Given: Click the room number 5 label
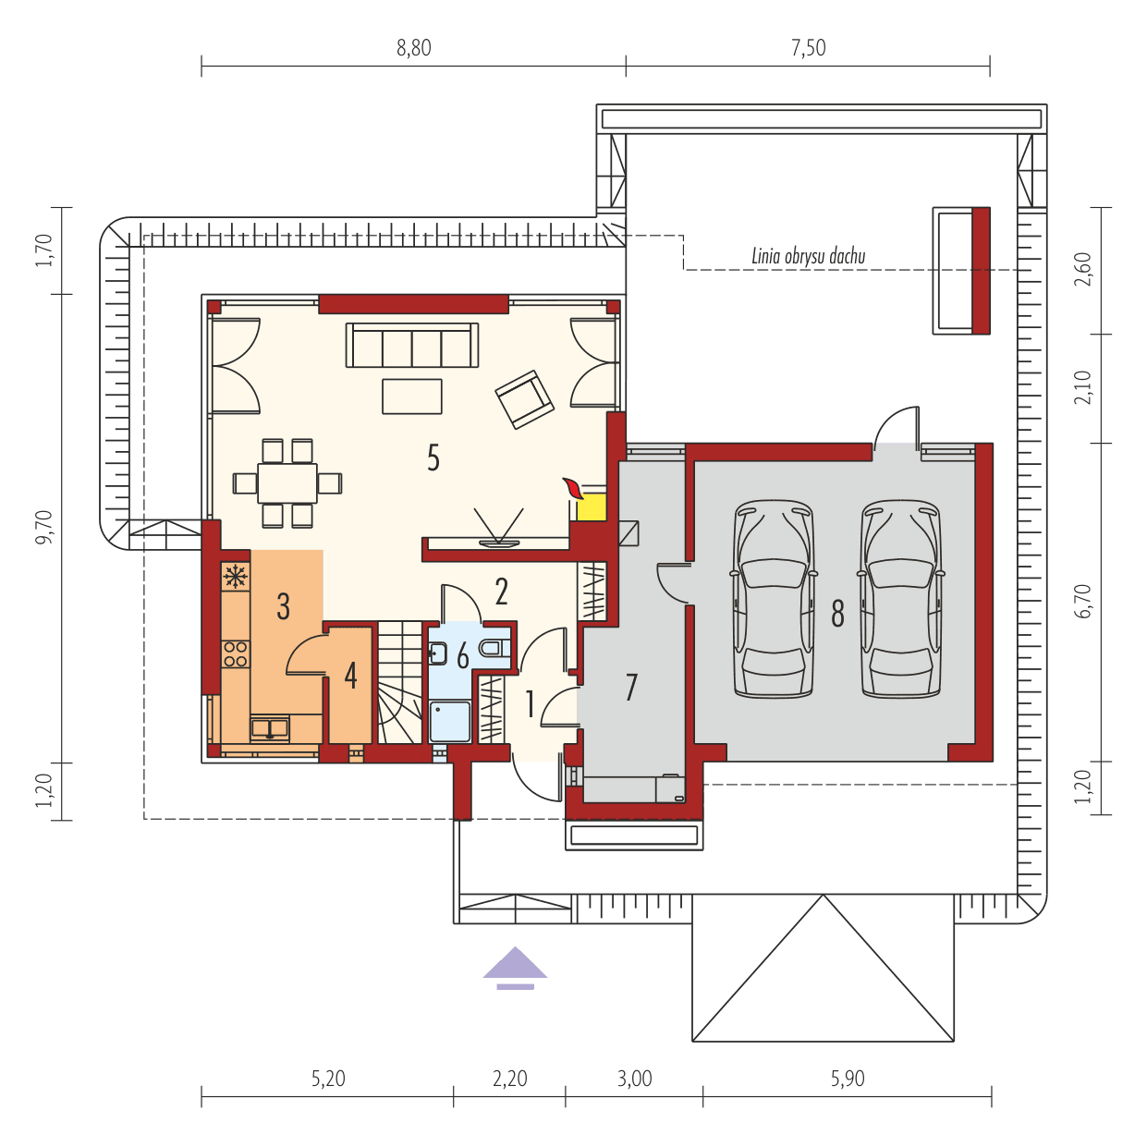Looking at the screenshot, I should point(433,458).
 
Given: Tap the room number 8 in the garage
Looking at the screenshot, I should point(837,613).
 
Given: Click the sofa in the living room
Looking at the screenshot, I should point(412,346).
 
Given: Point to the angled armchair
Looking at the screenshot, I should point(524,399).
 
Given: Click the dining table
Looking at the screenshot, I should point(287,482).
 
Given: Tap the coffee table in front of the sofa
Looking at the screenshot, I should point(412,396).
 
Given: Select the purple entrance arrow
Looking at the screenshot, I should point(515,967).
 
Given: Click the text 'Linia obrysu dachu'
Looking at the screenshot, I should point(808,257).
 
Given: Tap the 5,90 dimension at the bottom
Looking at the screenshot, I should point(847,1079).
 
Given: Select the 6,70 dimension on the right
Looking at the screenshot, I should point(1083,601).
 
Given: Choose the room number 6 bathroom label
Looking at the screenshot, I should point(463,656).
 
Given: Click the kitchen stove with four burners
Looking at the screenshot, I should point(236,654).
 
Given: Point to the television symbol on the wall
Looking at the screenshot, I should point(498,528).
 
